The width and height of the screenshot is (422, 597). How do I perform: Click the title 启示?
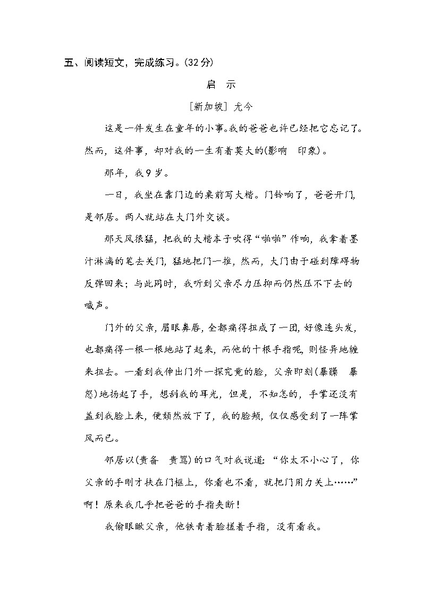(x=220, y=85)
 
